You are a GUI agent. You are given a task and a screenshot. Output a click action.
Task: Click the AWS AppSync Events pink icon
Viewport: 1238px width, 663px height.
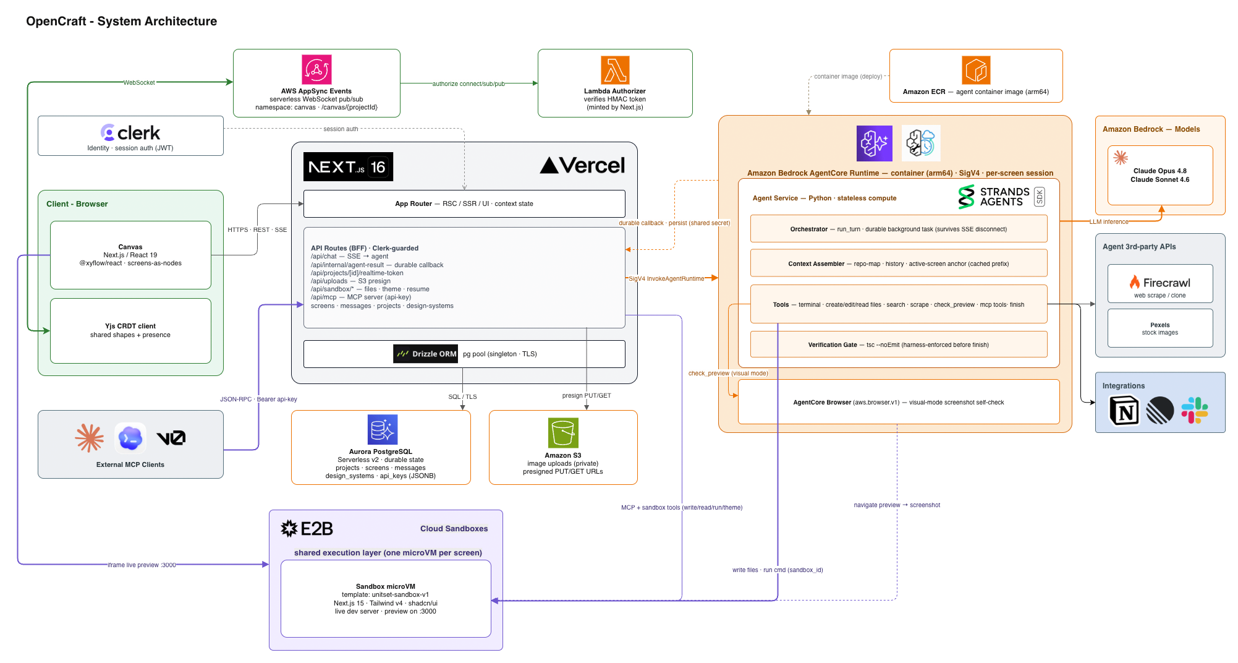pyautogui.click(x=316, y=69)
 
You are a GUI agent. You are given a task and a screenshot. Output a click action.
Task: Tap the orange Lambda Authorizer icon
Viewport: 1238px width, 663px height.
pyautogui.click(x=615, y=70)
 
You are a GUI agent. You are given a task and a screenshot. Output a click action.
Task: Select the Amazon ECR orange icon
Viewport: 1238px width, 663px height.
pyautogui.click(x=976, y=70)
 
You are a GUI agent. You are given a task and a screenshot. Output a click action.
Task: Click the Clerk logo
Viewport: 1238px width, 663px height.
pyautogui.click(x=130, y=132)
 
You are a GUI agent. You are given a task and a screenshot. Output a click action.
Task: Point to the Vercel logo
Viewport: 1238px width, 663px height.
pyautogui.click(x=582, y=165)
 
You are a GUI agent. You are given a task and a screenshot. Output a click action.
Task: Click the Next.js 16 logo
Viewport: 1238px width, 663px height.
pyautogui.click(x=348, y=166)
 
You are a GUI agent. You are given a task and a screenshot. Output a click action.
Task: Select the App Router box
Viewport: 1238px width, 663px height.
pyautogui.click(x=464, y=203)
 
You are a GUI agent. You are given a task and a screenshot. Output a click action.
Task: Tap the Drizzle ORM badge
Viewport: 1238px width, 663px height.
pyautogui.click(x=425, y=354)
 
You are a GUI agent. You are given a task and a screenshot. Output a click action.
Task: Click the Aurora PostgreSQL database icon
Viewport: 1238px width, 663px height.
pyautogui.click(x=383, y=429)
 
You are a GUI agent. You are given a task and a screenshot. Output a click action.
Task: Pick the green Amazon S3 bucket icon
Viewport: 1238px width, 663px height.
pyautogui.click(x=563, y=432)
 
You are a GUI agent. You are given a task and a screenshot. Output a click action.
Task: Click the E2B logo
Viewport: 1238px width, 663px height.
pyautogui.click(x=307, y=529)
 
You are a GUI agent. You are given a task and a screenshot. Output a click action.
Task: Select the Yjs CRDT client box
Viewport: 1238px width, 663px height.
pyautogui.click(x=130, y=331)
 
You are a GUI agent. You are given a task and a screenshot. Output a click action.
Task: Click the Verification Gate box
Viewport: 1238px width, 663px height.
pyautogui.click(x=899, y=344)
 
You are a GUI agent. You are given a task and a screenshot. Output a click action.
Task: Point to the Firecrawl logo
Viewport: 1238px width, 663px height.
pyautogui.click(x=1160, y=283)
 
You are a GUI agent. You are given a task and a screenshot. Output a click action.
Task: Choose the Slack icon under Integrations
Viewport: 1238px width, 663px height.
pyautogui.click(x=1195, y=410)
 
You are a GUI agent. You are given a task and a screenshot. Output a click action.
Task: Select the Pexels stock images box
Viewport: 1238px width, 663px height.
pyautogui.click(x=1160, y=328)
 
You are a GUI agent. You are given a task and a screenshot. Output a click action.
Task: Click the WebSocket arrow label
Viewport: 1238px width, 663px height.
pyautogui.click(x=139, y=82)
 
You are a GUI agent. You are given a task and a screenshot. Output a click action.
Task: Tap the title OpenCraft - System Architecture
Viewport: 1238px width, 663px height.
pyautogui.click(x=122, y=21)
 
